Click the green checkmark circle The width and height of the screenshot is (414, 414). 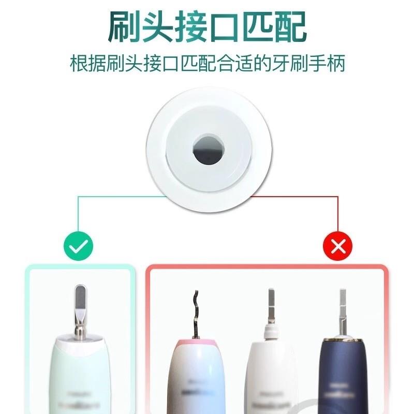[x=79, y=246]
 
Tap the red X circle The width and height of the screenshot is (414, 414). [x=337, y=246]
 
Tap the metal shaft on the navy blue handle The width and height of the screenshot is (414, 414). [x=342, y=310]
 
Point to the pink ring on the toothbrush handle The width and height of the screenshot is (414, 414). [x=196, y=344]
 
